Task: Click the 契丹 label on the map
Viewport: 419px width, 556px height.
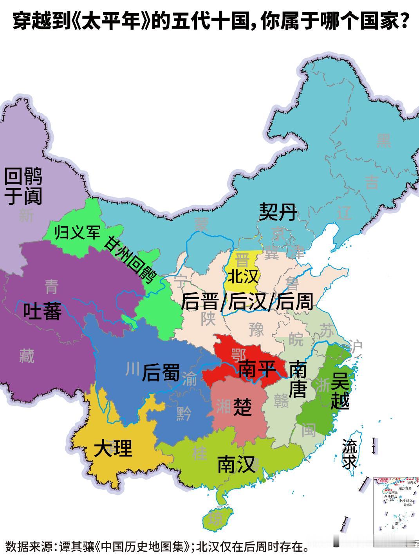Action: (278, 212)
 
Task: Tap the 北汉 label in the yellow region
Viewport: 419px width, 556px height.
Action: (243, 276)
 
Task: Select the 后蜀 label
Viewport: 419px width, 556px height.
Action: (161, 372)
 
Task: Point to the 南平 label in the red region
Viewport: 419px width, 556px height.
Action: (256, 369)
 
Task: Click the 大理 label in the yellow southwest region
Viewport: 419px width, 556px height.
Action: (113, 448)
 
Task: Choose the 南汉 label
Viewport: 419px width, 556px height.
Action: (236, 464)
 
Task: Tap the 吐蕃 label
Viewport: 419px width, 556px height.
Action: (42, 311)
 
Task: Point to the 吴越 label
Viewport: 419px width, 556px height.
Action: (340, 390)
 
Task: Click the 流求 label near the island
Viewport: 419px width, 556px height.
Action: (349, 454)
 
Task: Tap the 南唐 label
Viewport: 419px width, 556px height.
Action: (298, 379)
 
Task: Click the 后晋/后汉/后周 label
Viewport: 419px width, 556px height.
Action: (247, 302)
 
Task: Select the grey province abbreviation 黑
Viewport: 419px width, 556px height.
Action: (383, 141)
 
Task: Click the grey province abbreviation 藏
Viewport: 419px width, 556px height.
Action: (27, 356)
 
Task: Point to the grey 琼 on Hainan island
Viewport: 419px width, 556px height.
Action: (215, 519)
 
